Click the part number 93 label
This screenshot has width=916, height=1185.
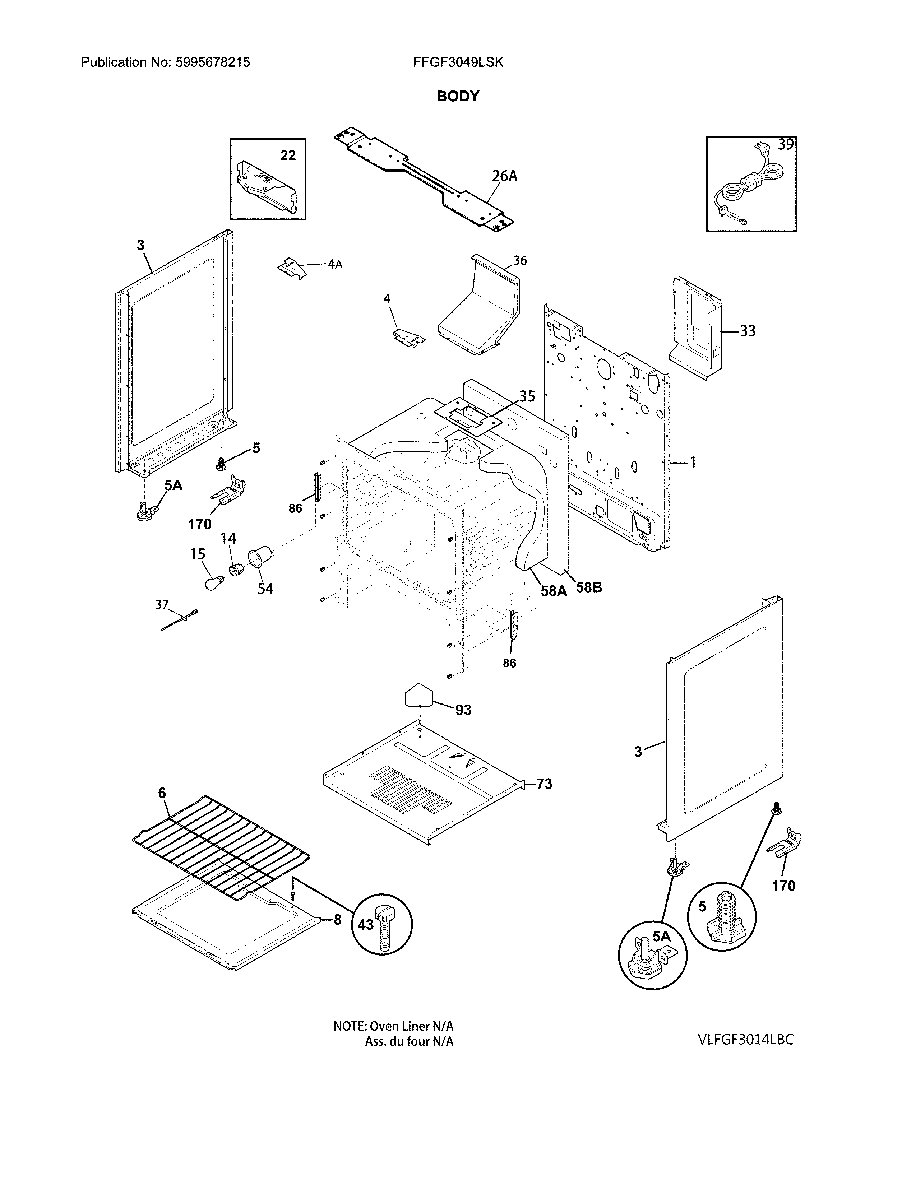[463, 710]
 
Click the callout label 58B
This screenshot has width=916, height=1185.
[589, 587]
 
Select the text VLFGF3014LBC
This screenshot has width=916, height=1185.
[746, 1039]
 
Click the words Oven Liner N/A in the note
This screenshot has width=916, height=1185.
[411, 1026]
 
